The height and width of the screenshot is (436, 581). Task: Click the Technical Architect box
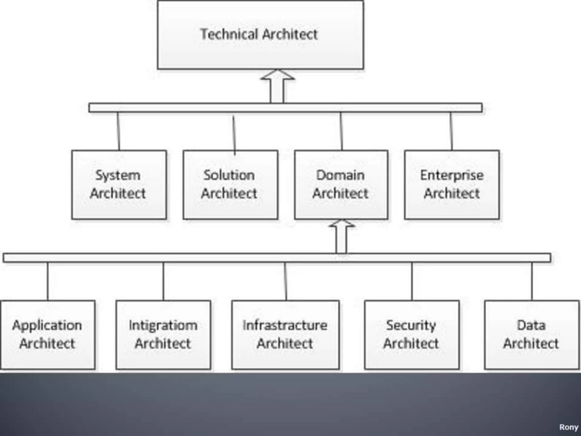[x=260, y=35]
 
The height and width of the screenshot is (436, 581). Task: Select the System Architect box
[x=119, y=185]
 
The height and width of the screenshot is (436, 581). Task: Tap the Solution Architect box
[x=230, y=185]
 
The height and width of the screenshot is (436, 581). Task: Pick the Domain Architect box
[x=341, y=185]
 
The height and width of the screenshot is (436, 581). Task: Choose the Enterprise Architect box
[x=452, y=185]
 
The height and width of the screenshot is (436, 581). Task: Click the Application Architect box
[x=48, y=335]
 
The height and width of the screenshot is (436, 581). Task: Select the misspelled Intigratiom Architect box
[x=163, y=335]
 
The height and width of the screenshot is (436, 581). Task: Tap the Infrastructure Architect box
[x=285, y=335]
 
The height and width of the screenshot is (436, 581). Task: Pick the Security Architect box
[x=412, y=335]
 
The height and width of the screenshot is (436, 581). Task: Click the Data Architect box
[x=532, y=335]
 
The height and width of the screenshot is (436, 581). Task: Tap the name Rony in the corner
[x=568, y=427]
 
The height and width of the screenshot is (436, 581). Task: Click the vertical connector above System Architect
[x=119, y=131]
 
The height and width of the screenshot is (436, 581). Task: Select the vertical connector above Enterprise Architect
[x=451, y=131]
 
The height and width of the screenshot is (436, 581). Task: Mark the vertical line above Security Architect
[x=412, y=281]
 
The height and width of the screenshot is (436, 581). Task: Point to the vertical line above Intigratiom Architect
[x=163, y=281]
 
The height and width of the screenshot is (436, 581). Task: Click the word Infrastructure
[x=285, y=325]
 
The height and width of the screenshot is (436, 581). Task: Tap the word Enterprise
[x=452, y=175]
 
